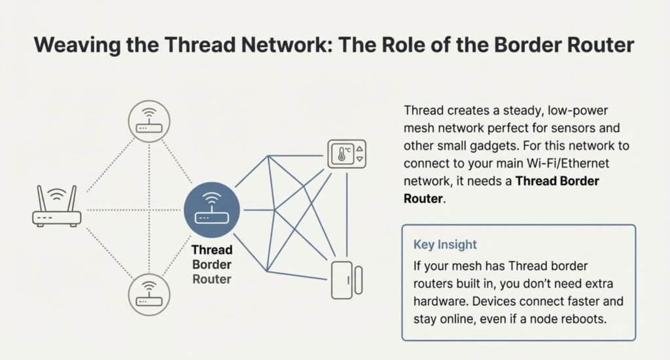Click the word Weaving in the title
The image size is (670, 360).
(x=77, y=45)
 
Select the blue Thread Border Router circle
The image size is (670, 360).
(x=212, y=210)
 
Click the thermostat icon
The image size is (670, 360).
(x=347, y=154)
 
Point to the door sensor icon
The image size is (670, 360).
(x=347, y=280)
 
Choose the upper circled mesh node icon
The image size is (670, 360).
(x=149, y=122)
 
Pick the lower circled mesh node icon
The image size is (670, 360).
(x=149, y=295)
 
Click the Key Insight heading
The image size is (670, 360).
(x=445, y=245)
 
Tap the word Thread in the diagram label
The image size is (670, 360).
(x=212, y=249)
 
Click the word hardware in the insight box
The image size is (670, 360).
(x=441, y=301)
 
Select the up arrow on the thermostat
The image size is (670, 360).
(x=360, y=149)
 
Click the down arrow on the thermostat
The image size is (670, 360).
(x=360, y=159)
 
